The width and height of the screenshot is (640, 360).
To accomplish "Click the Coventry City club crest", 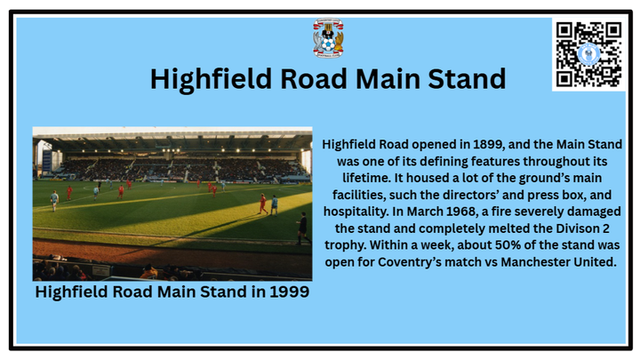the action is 328,38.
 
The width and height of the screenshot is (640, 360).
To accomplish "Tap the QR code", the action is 588,54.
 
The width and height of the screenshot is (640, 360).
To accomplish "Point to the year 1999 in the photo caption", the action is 289,292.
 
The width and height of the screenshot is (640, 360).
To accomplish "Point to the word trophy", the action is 345,245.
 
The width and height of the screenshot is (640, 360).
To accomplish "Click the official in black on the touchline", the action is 302,228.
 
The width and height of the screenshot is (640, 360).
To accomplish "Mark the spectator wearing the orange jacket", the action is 149,272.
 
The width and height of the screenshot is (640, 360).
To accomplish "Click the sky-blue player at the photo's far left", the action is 54,201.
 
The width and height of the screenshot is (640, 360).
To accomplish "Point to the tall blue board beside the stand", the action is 47,161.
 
